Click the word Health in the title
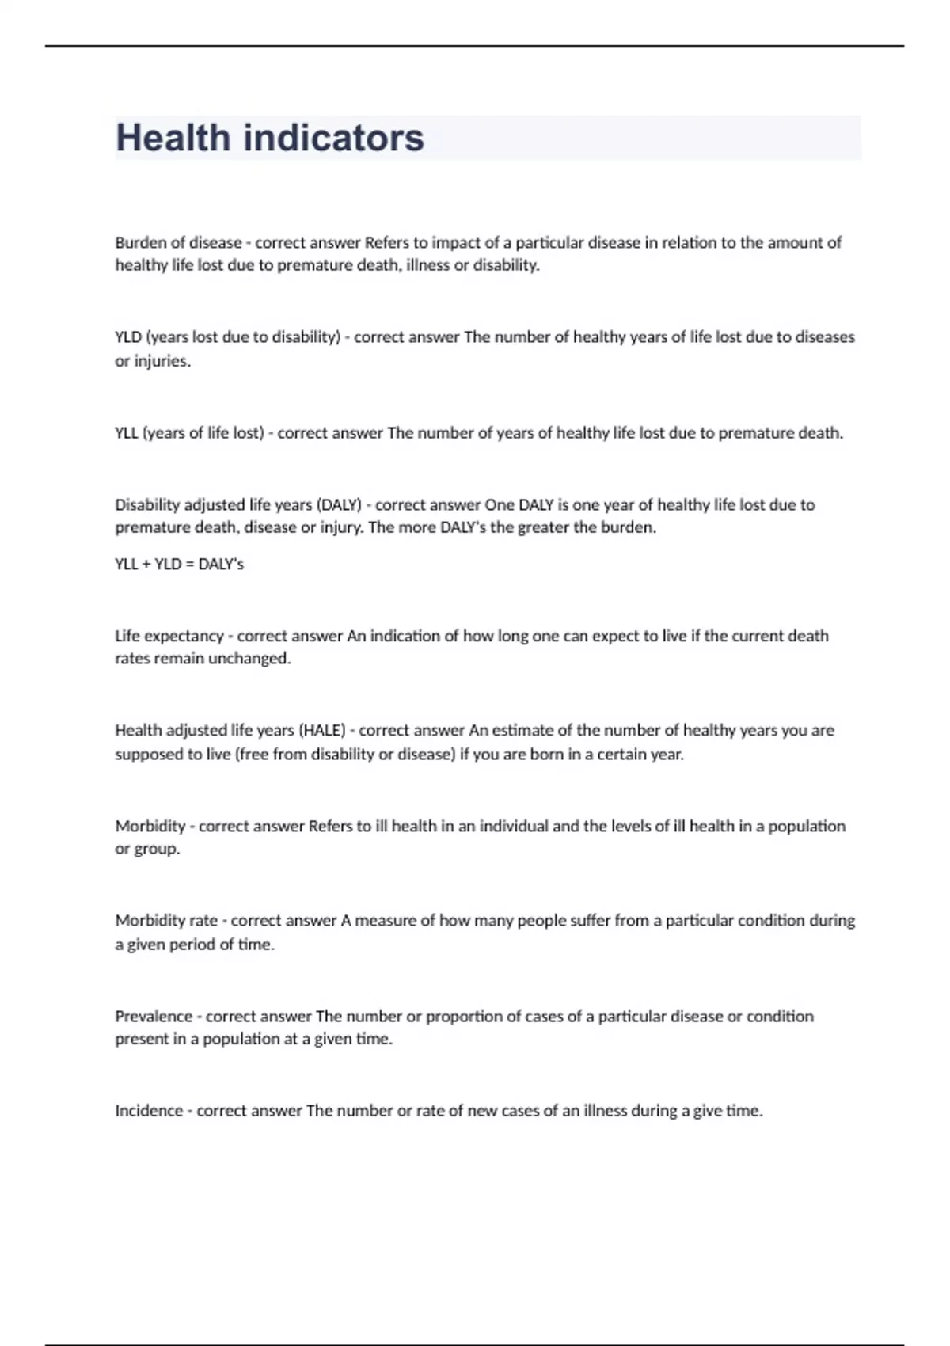pyautogui.click(x=173, y=138)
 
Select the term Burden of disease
pyautogui.click(x=178, y=243)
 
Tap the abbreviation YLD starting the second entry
pyautogui.click(x=128, y=337)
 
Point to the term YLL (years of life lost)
pyautogui.click(x=189, y=433)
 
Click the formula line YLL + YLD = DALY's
pyautogui.click(x=180, y=565)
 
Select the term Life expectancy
pyautogui.click(x=169, y=637)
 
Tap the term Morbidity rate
pyautogui.click(x=166, y=921)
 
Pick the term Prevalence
pyautogui.click(x=154, y=1017)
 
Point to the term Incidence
pyautogui.click(x=149, y=1111)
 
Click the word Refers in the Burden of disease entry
pyautogui.click(x=387, y=243)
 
